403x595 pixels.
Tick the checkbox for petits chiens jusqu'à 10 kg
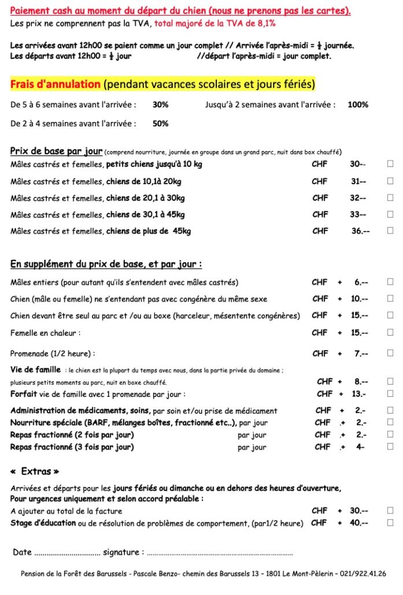coord(390,164)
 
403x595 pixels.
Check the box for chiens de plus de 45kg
coord(390,231)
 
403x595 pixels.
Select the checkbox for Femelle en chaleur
coord(390,332)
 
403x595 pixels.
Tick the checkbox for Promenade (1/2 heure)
coord(390,354)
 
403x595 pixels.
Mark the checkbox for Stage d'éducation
coord(390,523)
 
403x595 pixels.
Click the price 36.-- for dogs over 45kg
coord(360,231)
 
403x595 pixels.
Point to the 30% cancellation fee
coord(160,105)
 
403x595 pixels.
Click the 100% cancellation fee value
coord(358,105)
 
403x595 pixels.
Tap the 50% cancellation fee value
coord(160,124)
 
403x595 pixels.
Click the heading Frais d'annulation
coord(56,84)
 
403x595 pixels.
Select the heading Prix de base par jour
coord(56,151)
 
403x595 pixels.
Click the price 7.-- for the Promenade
coord(361,354)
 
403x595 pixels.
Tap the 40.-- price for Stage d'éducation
coord(359,523)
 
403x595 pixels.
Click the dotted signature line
coord(220,553)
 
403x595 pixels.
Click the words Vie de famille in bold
coord(35,370)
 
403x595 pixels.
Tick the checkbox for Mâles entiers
coord(390,282)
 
